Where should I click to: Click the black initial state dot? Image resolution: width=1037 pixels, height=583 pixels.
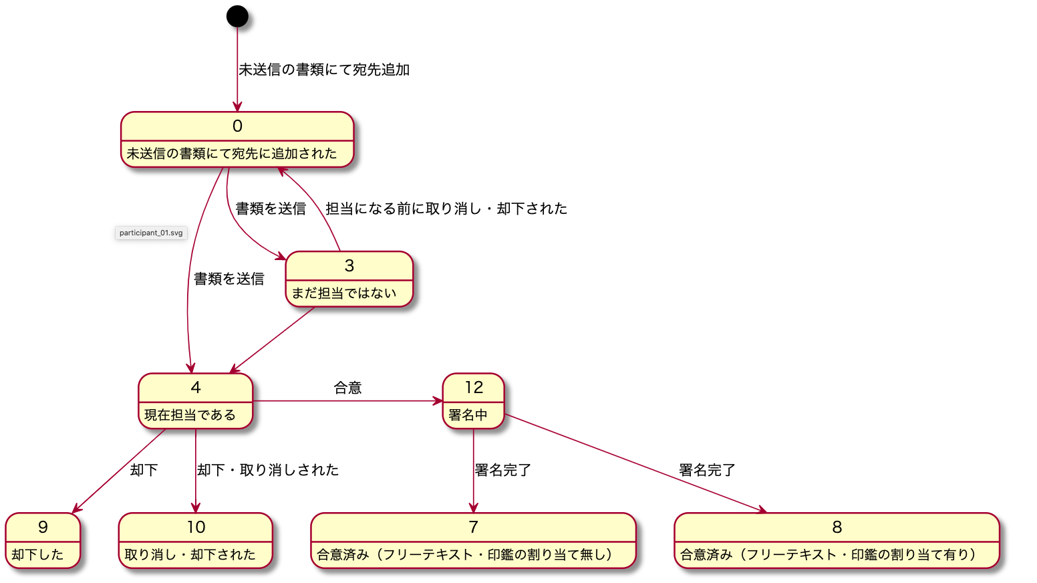point(237,16)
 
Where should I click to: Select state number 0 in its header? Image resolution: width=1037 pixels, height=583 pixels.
point(237,126)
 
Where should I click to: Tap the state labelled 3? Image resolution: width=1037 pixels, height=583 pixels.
point(349,266)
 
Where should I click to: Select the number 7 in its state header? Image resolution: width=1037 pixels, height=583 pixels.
point(473,528)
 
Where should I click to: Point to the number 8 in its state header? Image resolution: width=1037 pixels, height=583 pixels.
point(837,528)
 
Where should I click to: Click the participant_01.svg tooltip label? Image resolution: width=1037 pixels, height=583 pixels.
point(151,233)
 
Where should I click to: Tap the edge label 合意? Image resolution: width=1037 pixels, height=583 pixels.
point(347,388)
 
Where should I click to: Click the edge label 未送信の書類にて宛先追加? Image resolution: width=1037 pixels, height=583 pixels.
point(324,70)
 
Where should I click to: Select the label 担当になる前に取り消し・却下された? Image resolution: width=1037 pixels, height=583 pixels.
point(446,209)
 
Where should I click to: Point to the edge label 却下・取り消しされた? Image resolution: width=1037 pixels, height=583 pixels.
point(268,470)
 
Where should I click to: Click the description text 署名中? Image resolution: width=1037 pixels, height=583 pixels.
point(468,415)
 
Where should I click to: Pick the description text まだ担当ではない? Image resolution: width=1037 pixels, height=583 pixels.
point(344,294)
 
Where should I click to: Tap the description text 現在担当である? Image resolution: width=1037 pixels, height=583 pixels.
point(190,415)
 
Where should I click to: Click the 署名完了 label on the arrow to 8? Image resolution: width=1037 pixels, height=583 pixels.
point(707,470)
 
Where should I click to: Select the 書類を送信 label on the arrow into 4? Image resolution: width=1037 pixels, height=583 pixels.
point(229,279)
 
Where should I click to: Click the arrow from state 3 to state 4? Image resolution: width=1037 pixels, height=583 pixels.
point(273,340)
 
